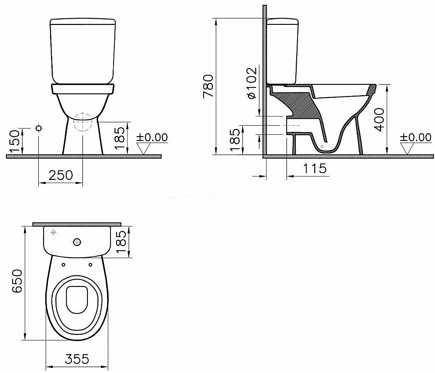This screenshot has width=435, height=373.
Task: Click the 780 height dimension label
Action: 208,86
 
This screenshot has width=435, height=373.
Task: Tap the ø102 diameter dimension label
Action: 251,83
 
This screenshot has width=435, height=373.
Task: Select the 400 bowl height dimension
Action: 379,119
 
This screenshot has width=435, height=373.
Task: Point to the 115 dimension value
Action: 315,168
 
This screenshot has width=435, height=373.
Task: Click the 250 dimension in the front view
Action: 61,175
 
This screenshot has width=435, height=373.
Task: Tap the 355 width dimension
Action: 77,359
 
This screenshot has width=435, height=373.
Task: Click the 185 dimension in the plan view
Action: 121,242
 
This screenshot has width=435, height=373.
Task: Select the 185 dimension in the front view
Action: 120,138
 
